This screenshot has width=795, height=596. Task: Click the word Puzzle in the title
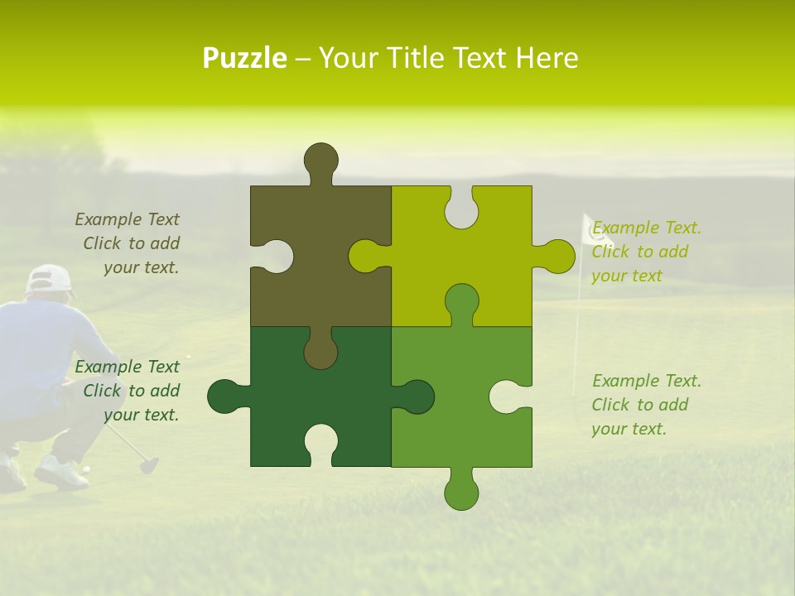[245, 58]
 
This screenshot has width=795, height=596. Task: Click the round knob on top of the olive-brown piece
[320, 159]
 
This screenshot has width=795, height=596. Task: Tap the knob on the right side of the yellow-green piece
[556, 257]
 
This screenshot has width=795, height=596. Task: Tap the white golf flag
[595, 230]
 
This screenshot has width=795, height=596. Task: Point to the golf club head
[148, 465]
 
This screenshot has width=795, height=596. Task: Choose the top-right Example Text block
[646, 252]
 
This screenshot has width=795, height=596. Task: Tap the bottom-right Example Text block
[645, 405]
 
